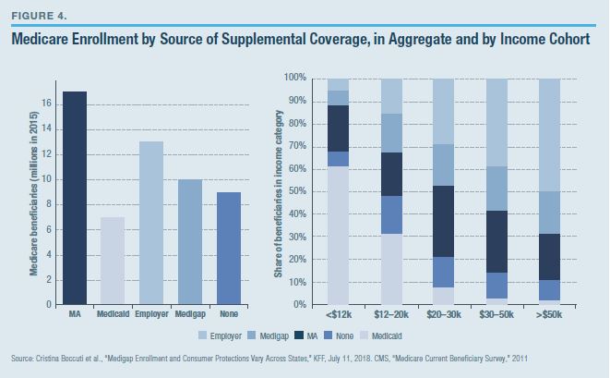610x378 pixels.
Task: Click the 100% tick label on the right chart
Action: pos(294,78)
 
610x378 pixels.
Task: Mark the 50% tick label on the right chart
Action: pos(297,191)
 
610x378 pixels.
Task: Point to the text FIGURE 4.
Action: pos(38,15)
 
